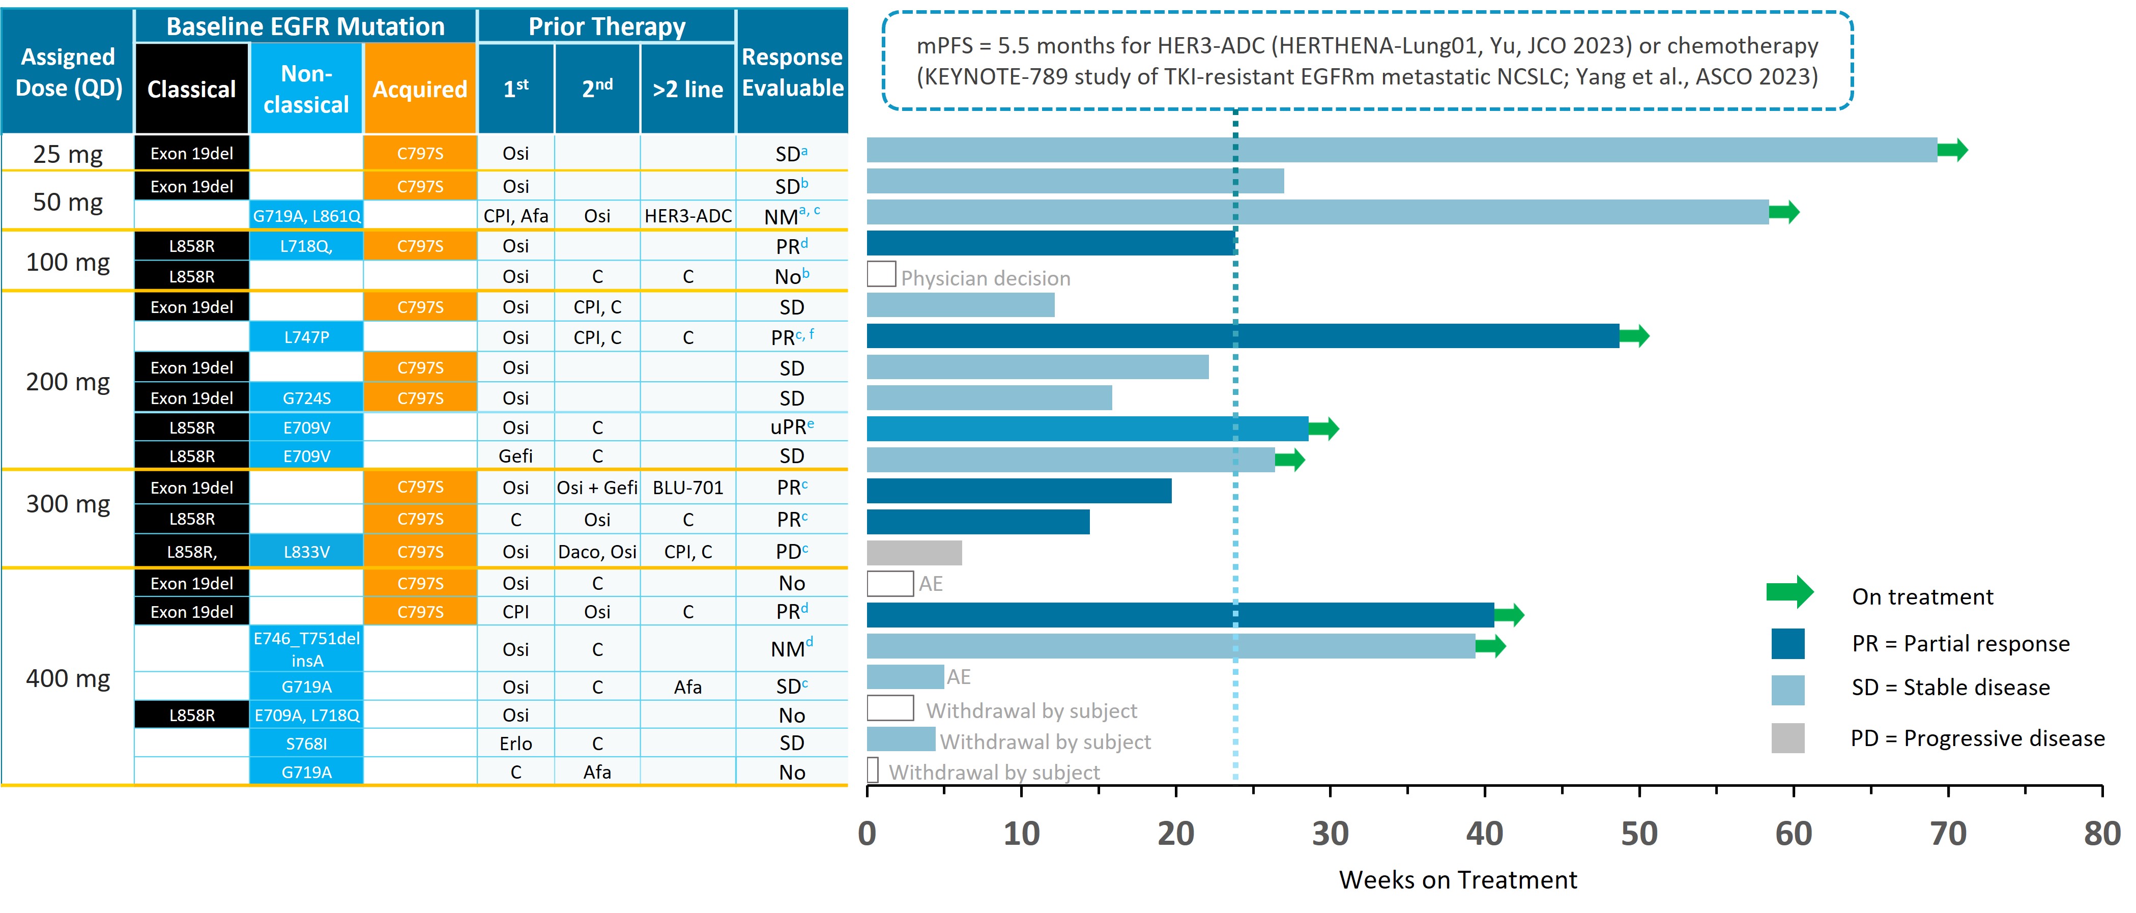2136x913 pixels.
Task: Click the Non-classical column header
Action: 306,89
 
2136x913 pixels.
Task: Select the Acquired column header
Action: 420,89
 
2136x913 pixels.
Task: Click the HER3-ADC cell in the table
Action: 687,216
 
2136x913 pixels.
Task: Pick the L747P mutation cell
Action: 306,337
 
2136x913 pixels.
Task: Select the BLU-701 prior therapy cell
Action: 687,488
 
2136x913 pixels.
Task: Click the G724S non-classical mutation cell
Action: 306,398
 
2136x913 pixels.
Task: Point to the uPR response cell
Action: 791,427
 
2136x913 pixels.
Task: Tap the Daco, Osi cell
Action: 597,552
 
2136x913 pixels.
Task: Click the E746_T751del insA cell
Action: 306,649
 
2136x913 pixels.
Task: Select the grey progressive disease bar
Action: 914,552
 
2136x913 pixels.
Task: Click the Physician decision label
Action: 985,278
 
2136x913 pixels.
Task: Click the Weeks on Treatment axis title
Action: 1458,880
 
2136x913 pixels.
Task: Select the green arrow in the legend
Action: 1789,592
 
